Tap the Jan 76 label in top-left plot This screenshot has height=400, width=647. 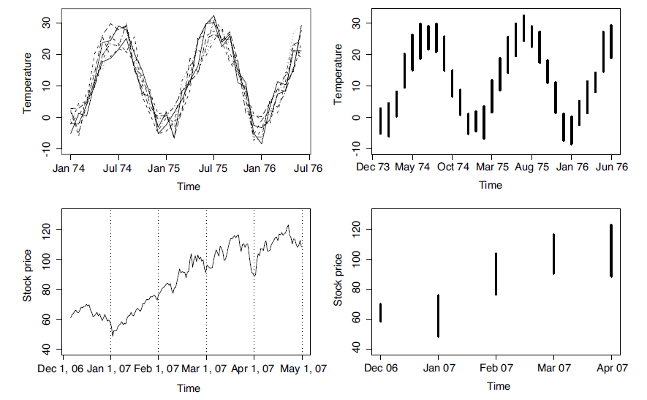261,167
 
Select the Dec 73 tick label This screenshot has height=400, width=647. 373,167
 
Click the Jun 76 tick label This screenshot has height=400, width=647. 610,167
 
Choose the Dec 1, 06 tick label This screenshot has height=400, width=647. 63,368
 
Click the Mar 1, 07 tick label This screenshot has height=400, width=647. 206,368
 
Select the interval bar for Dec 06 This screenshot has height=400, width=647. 380,312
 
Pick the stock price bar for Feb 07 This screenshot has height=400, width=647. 496,274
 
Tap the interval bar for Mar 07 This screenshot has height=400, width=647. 553,254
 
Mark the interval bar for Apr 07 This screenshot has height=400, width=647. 611,251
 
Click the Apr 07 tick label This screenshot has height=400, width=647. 611,368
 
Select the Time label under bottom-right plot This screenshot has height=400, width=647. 499,385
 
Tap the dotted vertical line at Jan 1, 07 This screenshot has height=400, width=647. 110,278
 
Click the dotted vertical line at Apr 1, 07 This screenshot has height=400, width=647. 254,278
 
